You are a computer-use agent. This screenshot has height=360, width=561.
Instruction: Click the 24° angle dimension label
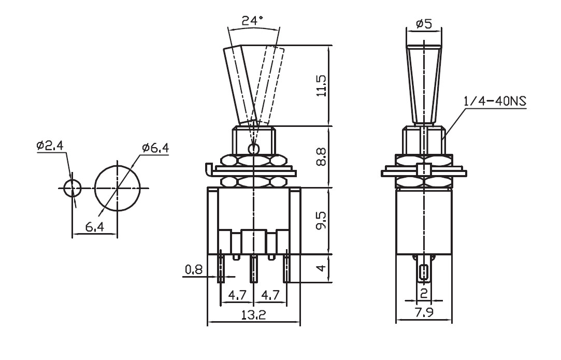point(252,21)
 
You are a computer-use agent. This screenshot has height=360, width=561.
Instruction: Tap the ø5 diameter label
point(424,24)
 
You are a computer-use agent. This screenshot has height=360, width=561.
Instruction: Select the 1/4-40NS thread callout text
point(495,102)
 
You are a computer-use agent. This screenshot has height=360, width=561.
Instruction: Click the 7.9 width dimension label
point(424,312)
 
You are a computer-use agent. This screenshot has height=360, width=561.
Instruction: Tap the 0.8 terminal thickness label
point(194,269)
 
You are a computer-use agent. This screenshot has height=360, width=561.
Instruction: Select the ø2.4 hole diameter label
point(50,146)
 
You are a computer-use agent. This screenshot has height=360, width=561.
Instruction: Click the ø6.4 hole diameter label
point(155,148)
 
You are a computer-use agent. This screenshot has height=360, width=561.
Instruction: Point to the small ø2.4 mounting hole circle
point(73,188)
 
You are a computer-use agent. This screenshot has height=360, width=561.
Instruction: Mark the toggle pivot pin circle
point(254,148)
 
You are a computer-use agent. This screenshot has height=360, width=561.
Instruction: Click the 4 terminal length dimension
point(322,268)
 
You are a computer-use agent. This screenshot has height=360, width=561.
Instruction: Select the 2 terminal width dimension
point(424,294)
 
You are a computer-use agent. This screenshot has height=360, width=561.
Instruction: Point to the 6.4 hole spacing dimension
point(95,227)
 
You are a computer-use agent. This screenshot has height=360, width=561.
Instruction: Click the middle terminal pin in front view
point(254,269)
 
